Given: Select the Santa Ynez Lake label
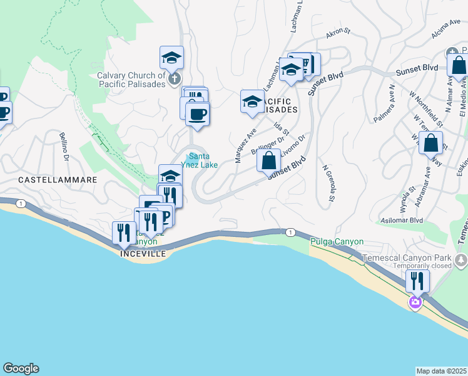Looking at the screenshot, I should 200,161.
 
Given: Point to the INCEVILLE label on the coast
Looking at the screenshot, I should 143,254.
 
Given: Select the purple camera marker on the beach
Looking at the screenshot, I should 414,303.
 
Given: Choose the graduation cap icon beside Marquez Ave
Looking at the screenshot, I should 252,102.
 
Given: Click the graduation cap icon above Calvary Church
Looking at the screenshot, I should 171,58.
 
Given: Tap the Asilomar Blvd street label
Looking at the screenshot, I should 402,221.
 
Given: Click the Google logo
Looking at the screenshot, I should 21,368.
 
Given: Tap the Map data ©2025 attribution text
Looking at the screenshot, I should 441,371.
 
